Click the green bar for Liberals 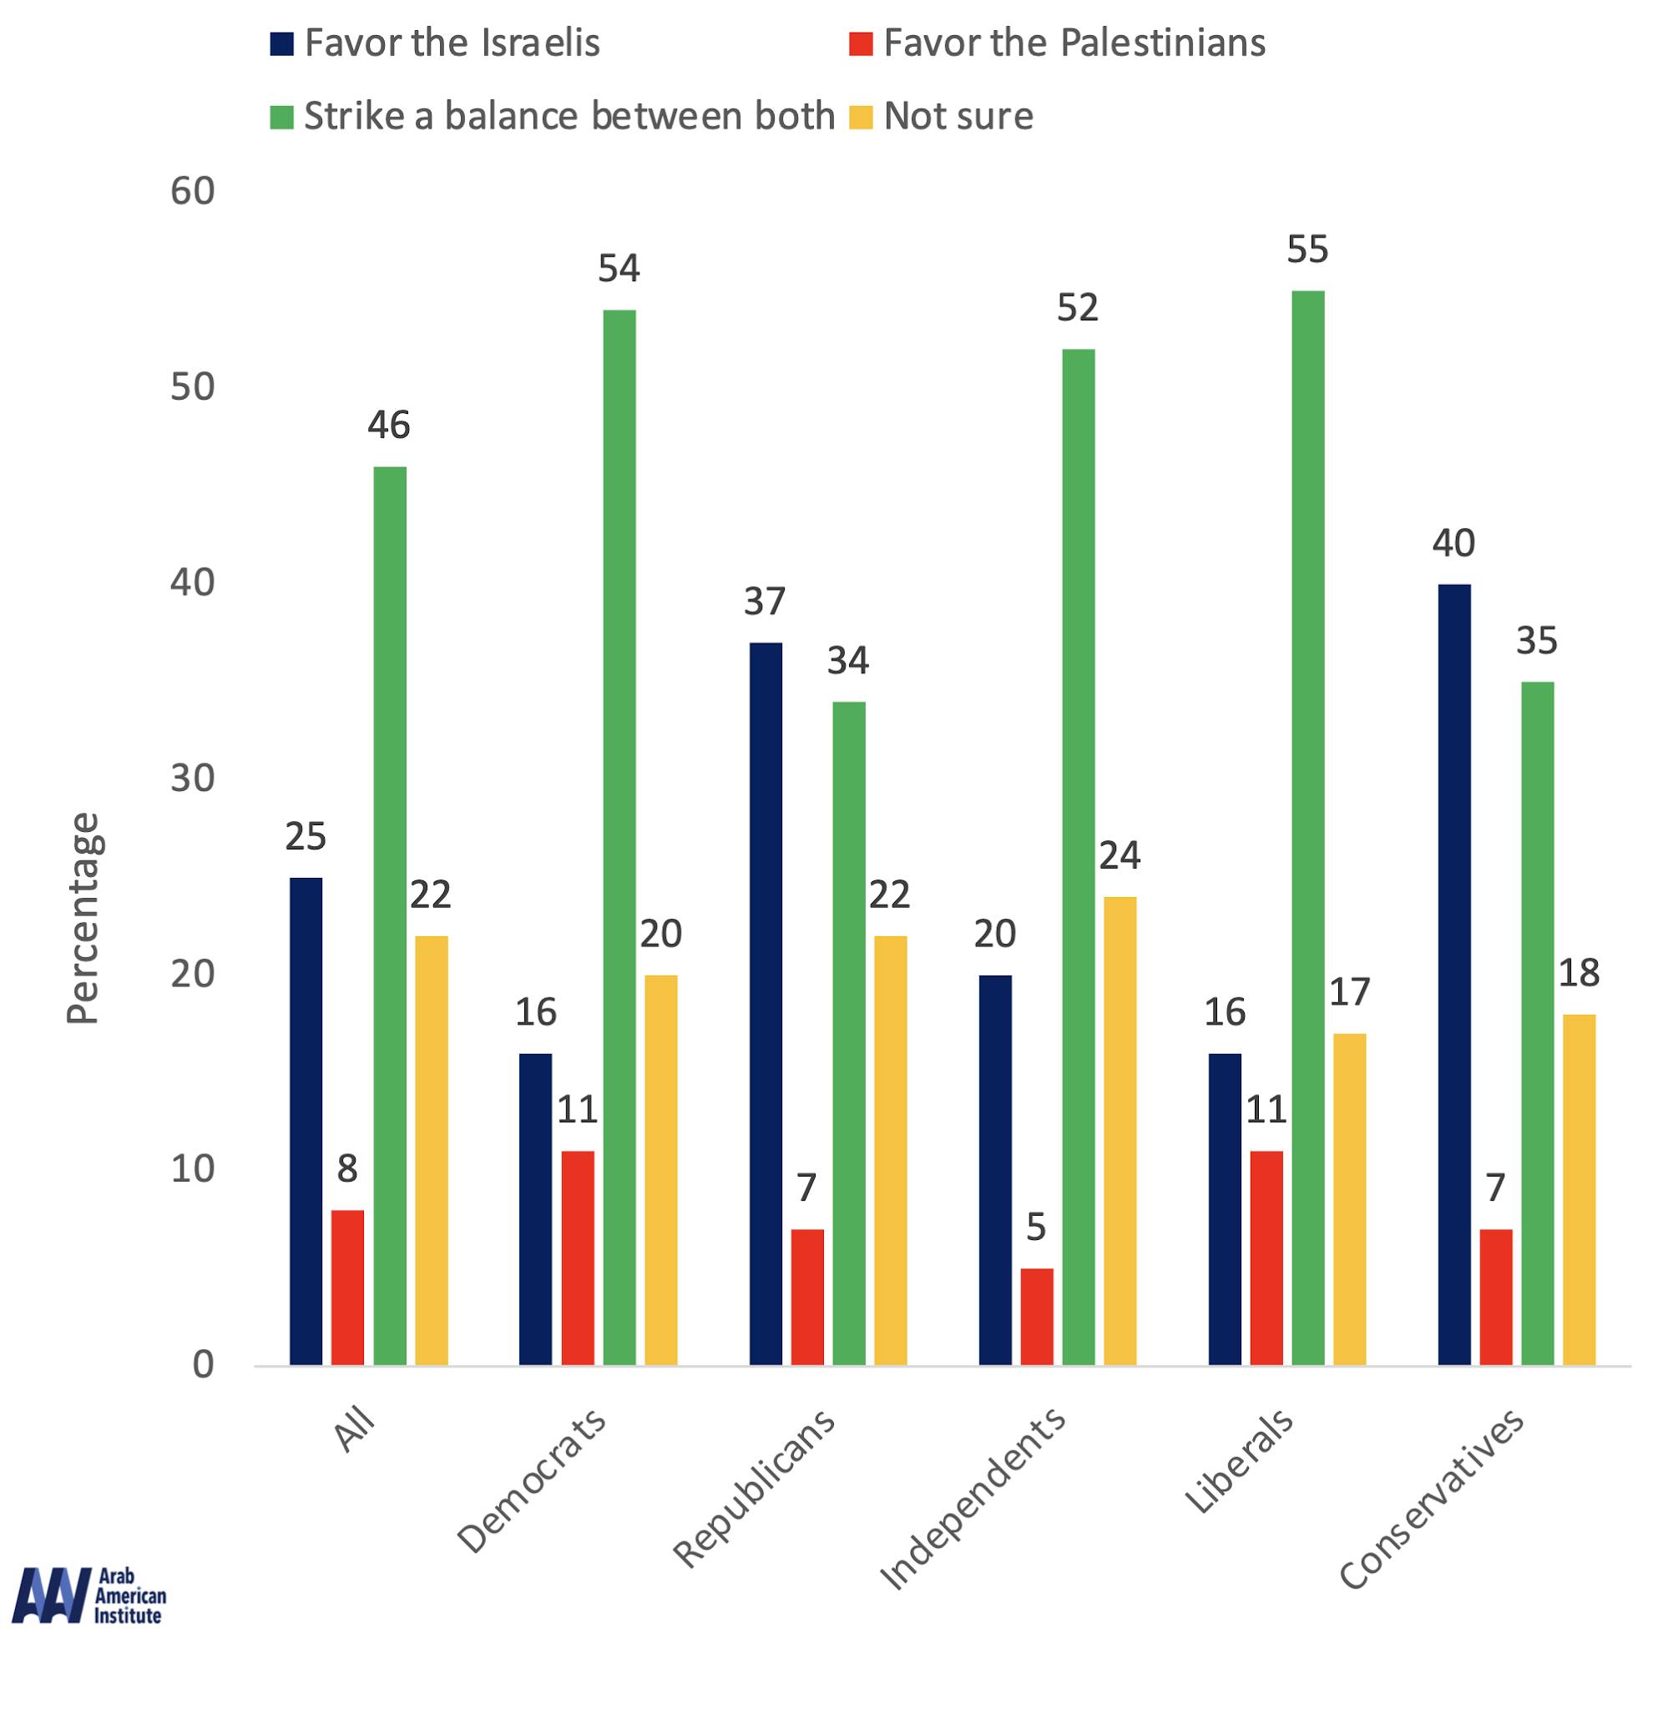click(x=1308, y=828)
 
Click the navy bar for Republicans click(x=765, y=1004)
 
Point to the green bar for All click(x=390, y=916)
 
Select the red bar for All click(x=347, y=1288)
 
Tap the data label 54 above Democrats click(x=619, y=269)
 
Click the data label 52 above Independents click(x=1078, y=308)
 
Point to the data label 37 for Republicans click(x=764, y=602)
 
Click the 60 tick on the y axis click(x=192, y=191)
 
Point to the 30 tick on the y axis click(x=192, y=778)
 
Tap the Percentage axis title click(x=83, y=918)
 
